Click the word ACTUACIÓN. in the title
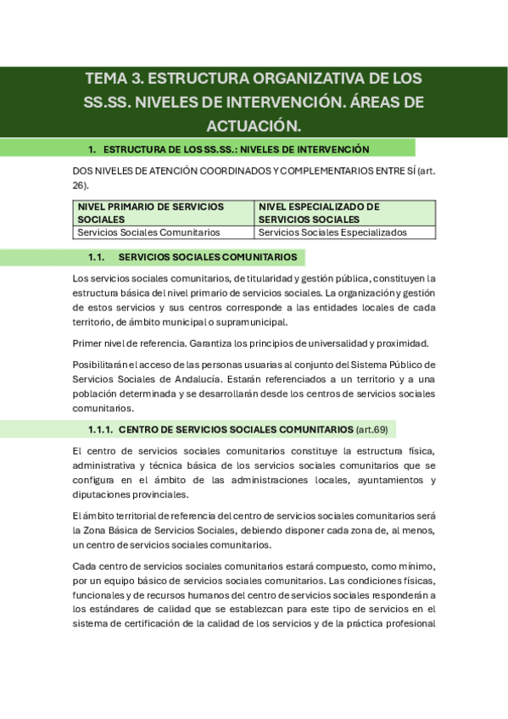pos(254,125)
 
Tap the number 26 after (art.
pos(79,185)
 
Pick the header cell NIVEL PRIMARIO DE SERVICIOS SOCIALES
pos(150,212)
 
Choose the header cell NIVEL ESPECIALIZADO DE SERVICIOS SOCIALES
pos(318,212)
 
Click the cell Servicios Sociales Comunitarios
pos(148,232)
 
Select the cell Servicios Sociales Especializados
pos(332,232)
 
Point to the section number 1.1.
pos(96,257)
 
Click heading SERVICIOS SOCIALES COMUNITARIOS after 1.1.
pos(208,257)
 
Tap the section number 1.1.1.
pos(100,429)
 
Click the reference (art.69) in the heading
pos(376,429)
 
